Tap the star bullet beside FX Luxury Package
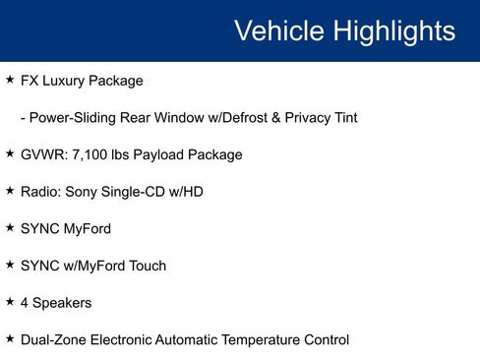[x=10, y=79]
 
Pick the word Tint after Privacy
[x=341, y=117]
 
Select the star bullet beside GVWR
[x=10, y=153]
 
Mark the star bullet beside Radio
[x=10, y=191]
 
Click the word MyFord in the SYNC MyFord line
[x=88, y=229]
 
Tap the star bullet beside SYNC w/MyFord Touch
[x=10, y=265]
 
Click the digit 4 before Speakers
[x=25, y=303]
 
